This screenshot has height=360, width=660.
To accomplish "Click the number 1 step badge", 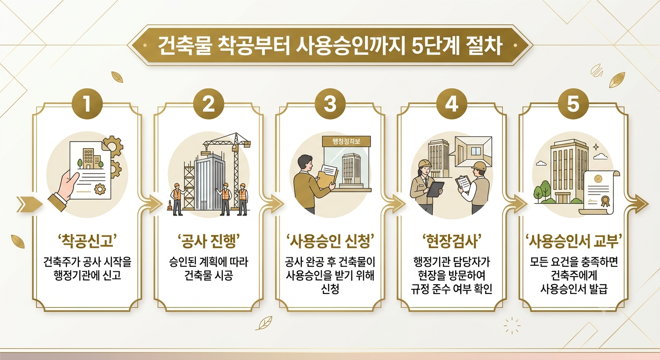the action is tap(87, 104).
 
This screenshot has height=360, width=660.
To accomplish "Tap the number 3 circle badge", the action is tap(330, 104).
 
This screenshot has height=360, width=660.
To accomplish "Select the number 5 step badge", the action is tap(573, 104).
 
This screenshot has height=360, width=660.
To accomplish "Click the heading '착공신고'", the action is tap(87, 241).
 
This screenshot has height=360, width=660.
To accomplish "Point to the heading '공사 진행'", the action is tap(209, 241).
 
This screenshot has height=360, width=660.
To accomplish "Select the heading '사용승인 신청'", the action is tap(330, 241).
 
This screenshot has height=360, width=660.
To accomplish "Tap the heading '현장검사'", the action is tap(452, 241).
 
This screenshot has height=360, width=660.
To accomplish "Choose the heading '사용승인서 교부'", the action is tap(573, 241).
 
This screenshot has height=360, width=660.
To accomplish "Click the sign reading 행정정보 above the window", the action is tap(346, 142).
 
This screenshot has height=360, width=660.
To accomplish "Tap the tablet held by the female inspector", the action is tap(435, 189).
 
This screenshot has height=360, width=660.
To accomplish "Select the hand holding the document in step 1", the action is tap(65, 188).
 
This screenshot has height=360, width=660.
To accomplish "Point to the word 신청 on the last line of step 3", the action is tap(330, 289).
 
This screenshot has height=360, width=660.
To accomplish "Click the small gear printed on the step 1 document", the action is tap(100, 188).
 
